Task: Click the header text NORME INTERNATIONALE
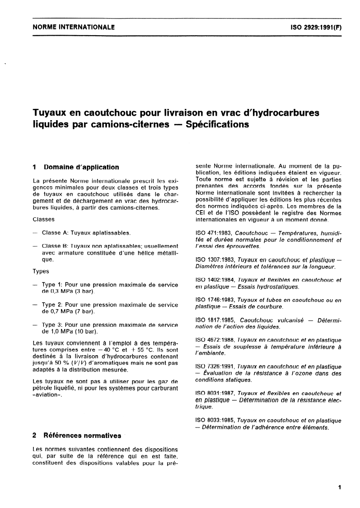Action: [74, 27]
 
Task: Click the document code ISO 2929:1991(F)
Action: [315, 27]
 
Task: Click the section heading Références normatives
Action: [82, 436]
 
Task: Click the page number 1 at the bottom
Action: [339, 488]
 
